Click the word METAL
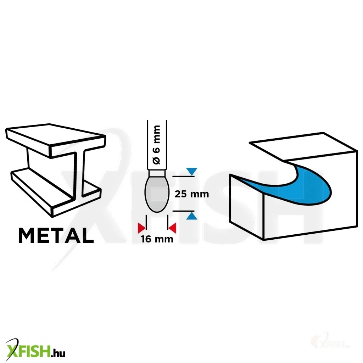tap(56, 235)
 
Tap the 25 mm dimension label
tap(192, 194)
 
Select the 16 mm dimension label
tap(157, 239)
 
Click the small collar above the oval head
tap(157, 174)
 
